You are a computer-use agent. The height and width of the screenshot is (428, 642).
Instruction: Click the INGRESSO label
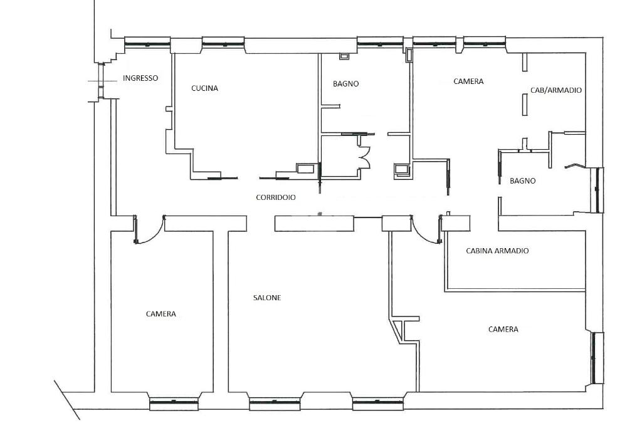140,78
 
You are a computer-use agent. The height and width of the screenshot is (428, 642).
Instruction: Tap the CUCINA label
205,88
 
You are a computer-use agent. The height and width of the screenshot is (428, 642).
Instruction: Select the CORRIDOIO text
276,197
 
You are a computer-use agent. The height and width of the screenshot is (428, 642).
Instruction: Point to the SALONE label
267,298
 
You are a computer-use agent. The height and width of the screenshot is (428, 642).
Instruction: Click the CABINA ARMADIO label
497,251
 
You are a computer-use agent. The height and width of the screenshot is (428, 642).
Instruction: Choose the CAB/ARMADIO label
556,90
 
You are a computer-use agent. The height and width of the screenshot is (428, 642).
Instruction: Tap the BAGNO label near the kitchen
346,84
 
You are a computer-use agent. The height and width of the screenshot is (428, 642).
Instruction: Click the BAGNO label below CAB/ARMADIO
523,181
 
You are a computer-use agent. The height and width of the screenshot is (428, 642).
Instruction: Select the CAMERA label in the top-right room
468,81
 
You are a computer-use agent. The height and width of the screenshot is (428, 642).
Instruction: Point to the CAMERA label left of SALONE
161,314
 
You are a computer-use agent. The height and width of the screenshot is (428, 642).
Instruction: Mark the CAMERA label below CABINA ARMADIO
503,329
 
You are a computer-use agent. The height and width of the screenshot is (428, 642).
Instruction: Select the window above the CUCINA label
223,43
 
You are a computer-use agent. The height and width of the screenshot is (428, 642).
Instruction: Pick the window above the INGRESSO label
147,42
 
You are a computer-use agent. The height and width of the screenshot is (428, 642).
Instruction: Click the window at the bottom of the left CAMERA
174,404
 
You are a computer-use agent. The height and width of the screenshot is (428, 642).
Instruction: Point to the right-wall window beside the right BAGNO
598,190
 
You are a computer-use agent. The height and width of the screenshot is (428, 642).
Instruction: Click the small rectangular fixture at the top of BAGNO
344,56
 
